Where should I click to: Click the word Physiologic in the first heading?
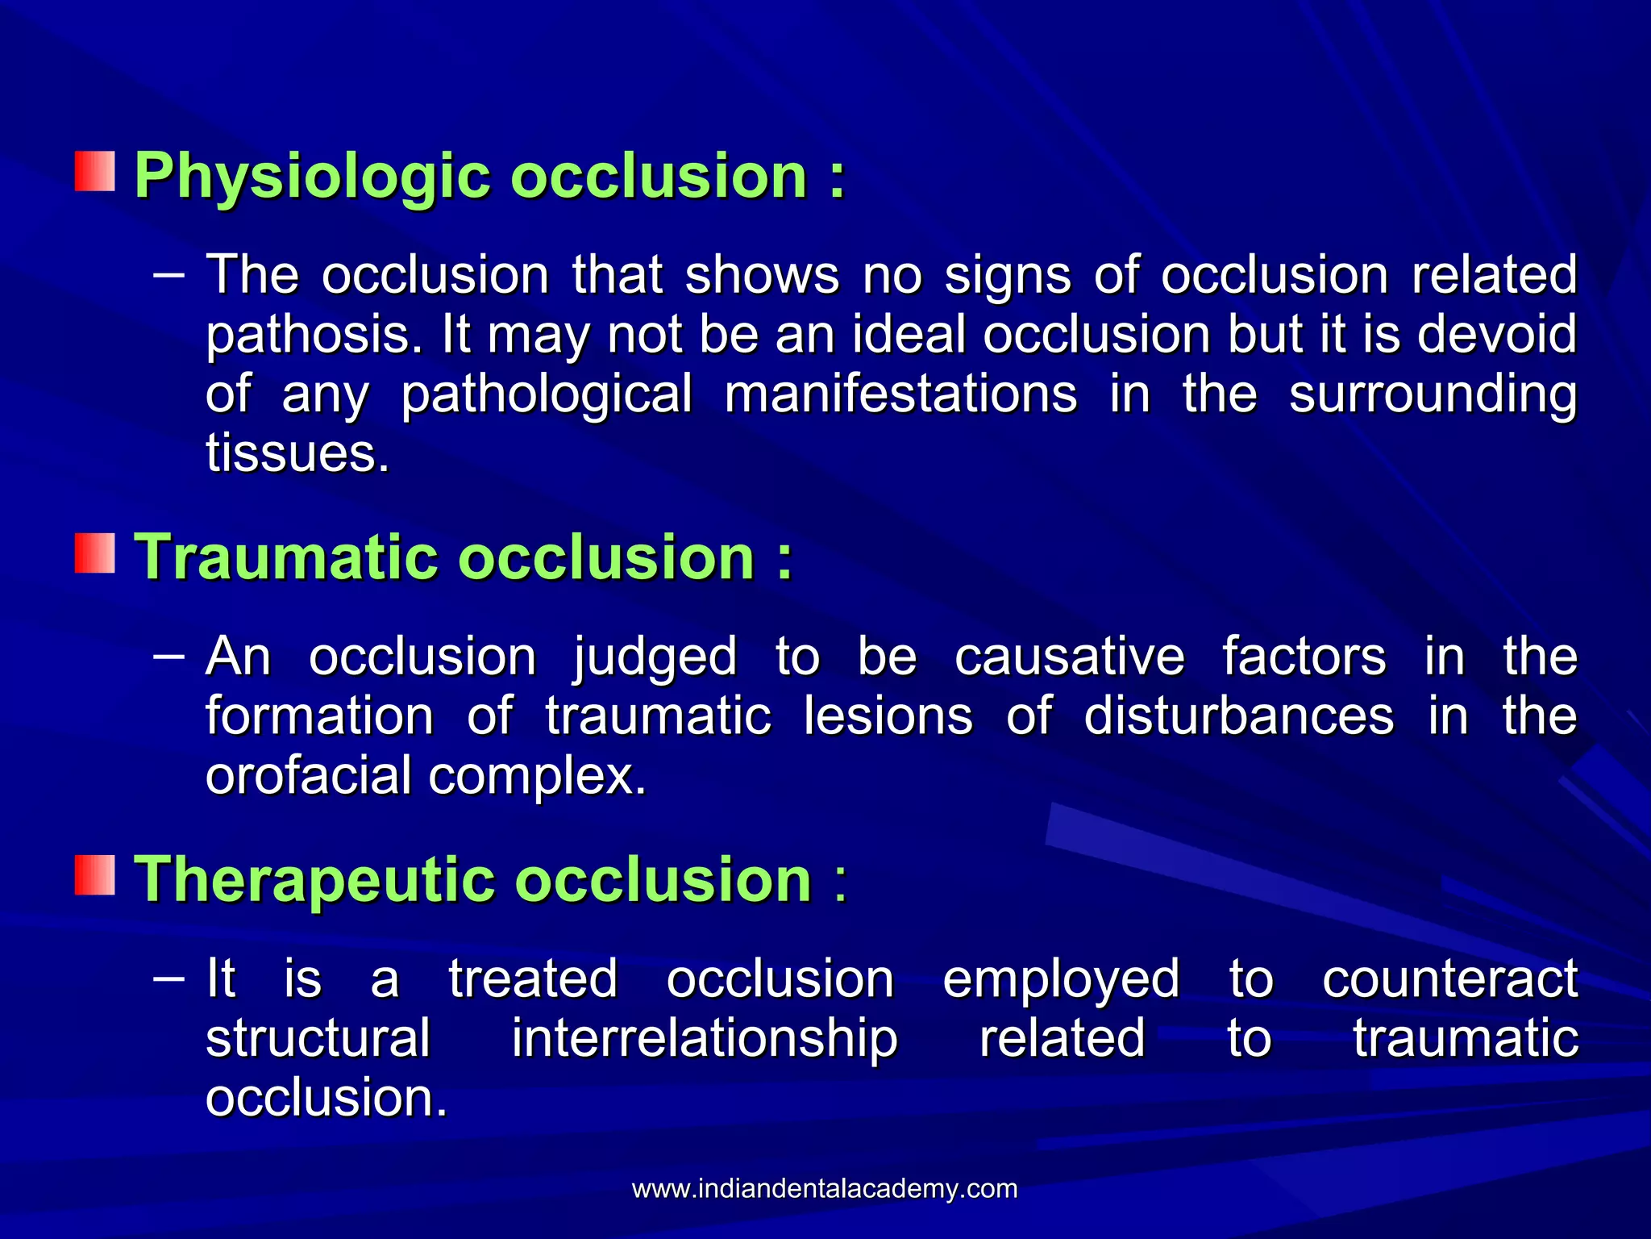pos(311,176)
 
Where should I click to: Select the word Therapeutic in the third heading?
pos(314,879)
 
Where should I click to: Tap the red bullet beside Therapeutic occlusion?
pos(95,875)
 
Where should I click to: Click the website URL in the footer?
pos(824,1189)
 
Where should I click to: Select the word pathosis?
pos(314,335)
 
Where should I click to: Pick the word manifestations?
pos(900,394)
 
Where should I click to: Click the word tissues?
pos(297,453)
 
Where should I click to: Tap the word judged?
pos(655,657)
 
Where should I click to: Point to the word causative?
pos(1070,657)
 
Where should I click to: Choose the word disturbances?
pos(1238,716)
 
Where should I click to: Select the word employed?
pos(1061,980)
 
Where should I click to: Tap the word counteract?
pos(1449,980)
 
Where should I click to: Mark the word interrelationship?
pos(705,1039)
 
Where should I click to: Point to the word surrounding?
pos(1433,394)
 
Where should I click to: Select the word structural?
pos(318,1039)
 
